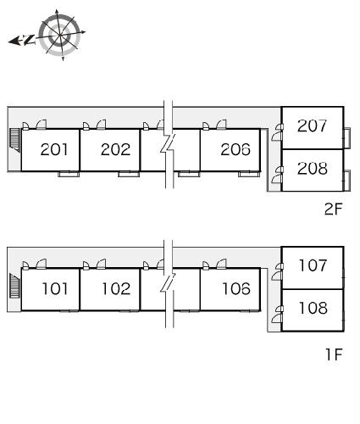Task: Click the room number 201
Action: point(54,149)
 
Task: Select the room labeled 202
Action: point(116,149)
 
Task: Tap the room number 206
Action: point(235,149)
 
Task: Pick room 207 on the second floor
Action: point(312,126)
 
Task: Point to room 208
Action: point(313,169)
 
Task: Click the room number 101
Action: point(55,288)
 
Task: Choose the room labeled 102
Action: point(116,288)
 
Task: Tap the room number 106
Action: point(236,288)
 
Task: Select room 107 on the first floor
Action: point(313,265)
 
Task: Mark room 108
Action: point(313,308)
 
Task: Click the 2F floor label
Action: point(333,209)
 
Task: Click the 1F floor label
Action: point(334,354)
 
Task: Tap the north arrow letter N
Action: point(29,40)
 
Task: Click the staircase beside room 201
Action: point(14,140)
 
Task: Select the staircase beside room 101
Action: point(14,286)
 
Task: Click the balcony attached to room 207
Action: point(347,138)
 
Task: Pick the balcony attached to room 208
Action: point(347,181)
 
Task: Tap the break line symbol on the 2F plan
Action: point(169,144)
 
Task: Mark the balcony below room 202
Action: point(129,174)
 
